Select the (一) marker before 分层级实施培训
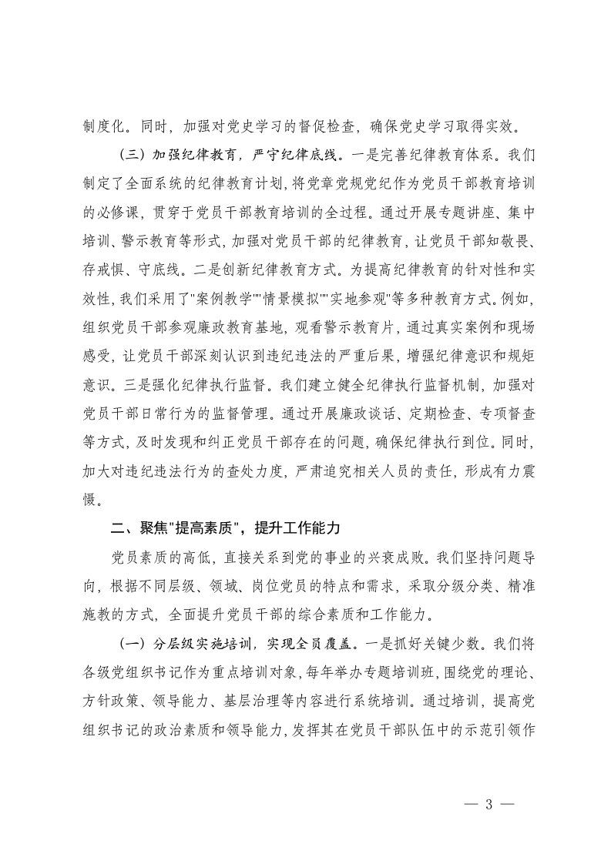[134, 641]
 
